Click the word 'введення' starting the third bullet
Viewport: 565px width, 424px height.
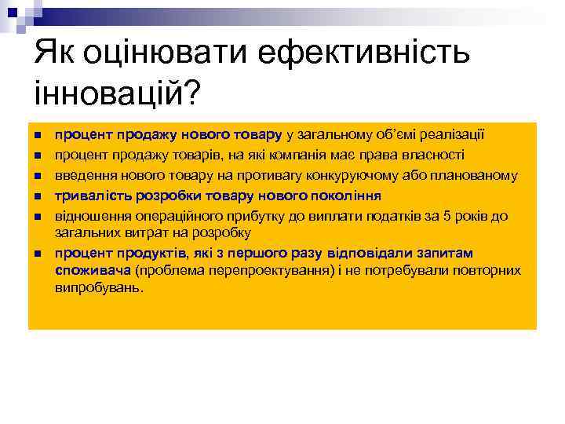pyautogui.click(x=81, y=174)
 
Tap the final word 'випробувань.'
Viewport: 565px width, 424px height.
pyautogui.click(x=99, y=288)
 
